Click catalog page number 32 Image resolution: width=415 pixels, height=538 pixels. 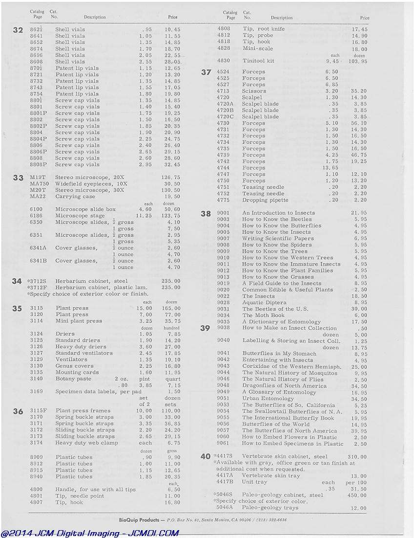click(x=18, y=30)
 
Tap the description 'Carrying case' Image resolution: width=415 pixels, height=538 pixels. click(x=75, y=197)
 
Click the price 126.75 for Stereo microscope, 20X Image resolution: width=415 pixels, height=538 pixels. click(x=170, y=178)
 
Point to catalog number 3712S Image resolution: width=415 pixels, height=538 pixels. click(x=38, y=281)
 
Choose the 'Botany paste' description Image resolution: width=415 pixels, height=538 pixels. click(x=73, y=379)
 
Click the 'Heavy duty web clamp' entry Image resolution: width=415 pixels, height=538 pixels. click(x=86, y=443)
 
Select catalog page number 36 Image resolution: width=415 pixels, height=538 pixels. click(x=18, y=411)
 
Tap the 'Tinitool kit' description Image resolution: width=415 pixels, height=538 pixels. click(x=258, y=61)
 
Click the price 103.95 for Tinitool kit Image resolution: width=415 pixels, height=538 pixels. click(x=358, y=61)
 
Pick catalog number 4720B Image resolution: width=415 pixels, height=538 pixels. click(x=225, y=110)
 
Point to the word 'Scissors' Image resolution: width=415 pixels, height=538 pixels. click(x=254, y=91)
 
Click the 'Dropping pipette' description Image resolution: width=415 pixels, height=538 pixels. click(x=265, y=200)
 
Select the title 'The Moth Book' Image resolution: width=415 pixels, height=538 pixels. click(x=263, y=315)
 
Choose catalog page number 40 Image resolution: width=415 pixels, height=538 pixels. click(x=206, y=457)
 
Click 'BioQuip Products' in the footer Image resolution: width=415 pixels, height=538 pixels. click(x=139, y=520)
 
